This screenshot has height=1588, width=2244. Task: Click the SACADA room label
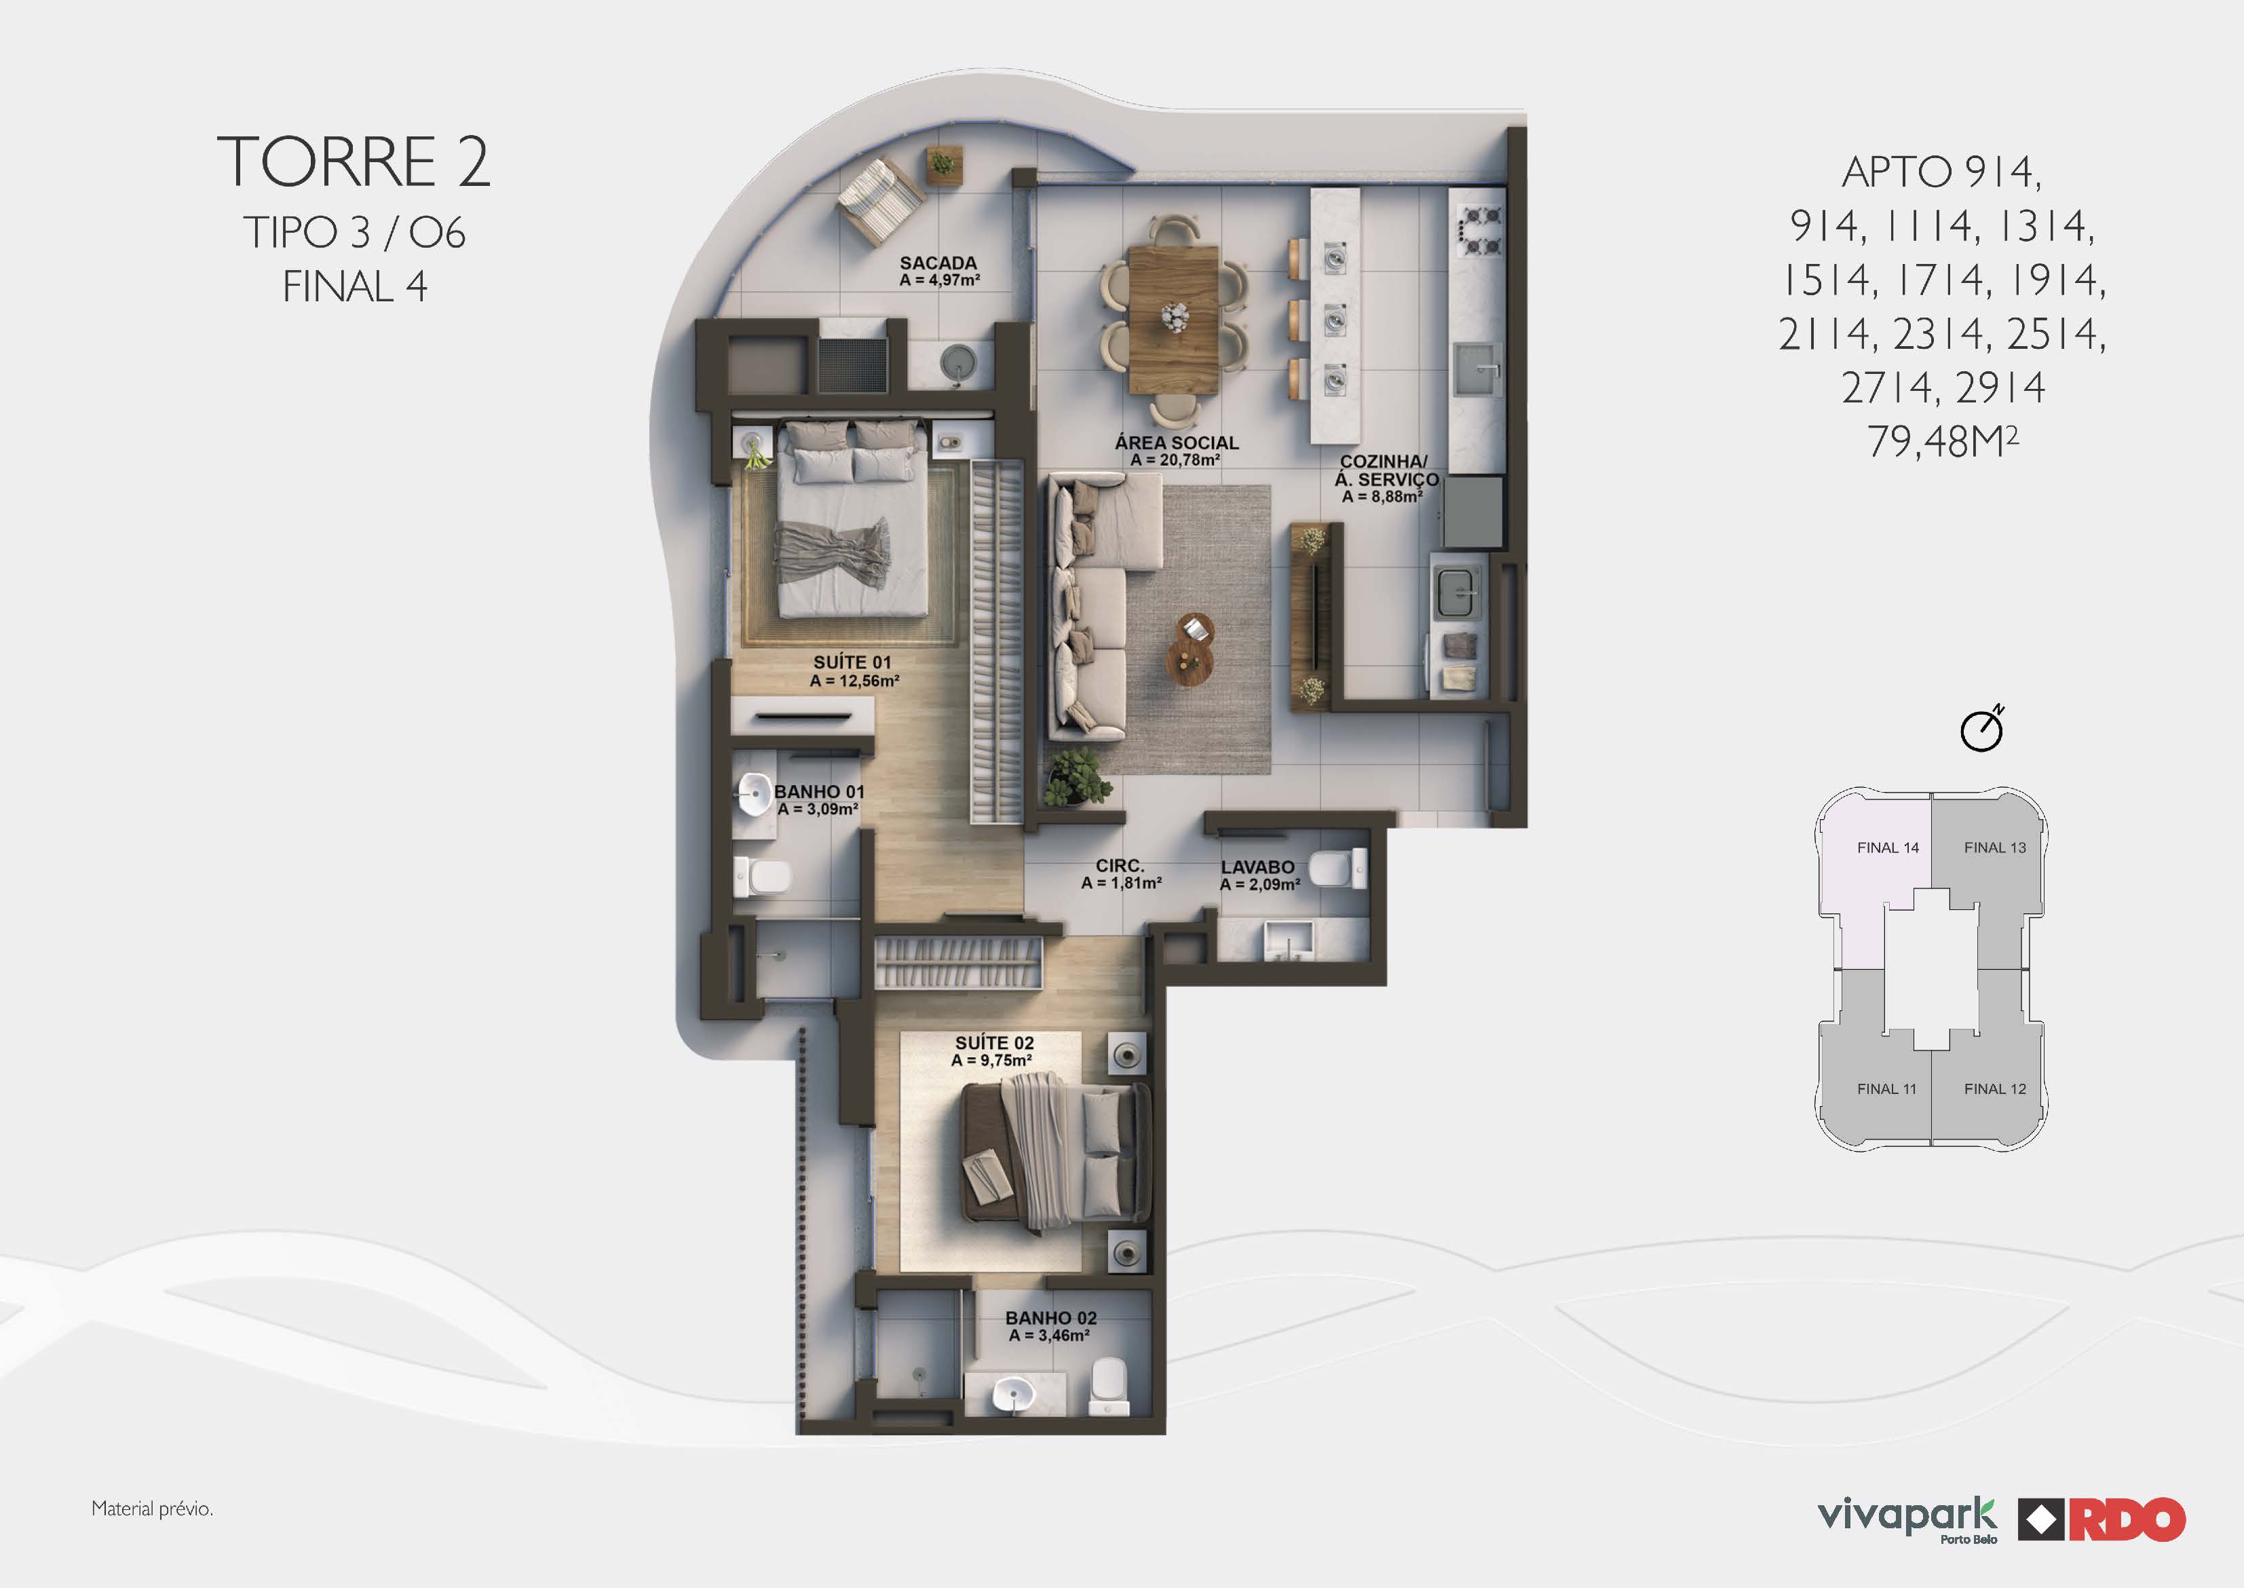click(x=938, y=263)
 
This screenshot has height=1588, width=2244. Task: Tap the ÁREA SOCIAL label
click(x=1176, y=443)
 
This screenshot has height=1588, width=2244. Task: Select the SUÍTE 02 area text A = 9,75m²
click(x=991, y=1060)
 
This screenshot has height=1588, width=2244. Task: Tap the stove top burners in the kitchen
click(x=1479, y=231)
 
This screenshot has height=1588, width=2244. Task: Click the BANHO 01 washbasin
click(x=754, y=794)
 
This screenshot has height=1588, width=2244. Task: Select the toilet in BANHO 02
click(x=1109, y=1386)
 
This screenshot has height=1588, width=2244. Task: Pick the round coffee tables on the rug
click(x=1191, y=648)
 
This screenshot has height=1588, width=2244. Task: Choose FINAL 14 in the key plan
click(x=1887, y=848)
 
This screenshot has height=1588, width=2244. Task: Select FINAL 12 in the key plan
click(x=1995, y=1089)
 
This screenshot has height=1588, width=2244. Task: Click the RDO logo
click(x=2102, y=1519)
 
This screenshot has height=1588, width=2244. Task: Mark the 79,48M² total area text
click(x=1942, y=441)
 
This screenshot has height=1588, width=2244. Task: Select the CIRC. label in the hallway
click(x=1120, y=865)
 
